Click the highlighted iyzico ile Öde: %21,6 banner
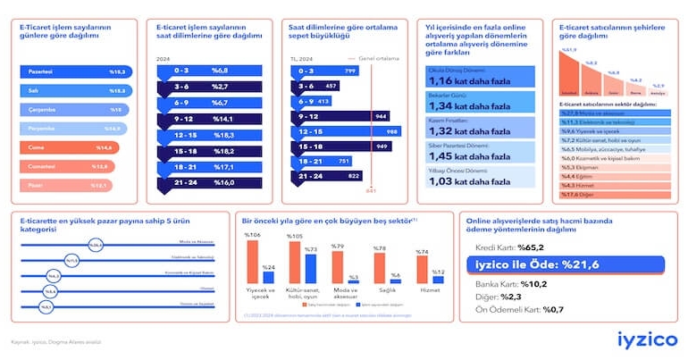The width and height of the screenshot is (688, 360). coord(566,264)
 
